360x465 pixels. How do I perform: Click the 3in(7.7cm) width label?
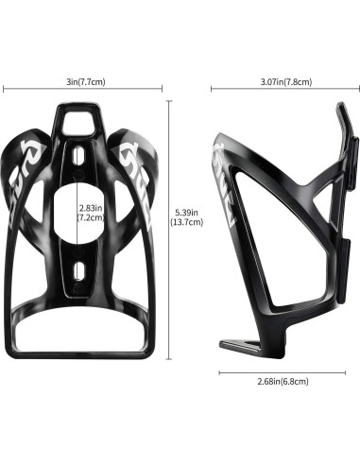(x=86, y=82)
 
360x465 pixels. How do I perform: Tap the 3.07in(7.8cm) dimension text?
(x=286, y=82)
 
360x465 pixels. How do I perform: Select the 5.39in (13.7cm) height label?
(x=186, y=217)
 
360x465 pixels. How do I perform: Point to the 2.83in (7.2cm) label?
(x=91, y=213)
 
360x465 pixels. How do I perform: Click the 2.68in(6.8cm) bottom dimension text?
(x=283, y=382)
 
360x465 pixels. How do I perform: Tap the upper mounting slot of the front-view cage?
(x=77, y=155)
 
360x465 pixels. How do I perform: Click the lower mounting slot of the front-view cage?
(x=78, y=270)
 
